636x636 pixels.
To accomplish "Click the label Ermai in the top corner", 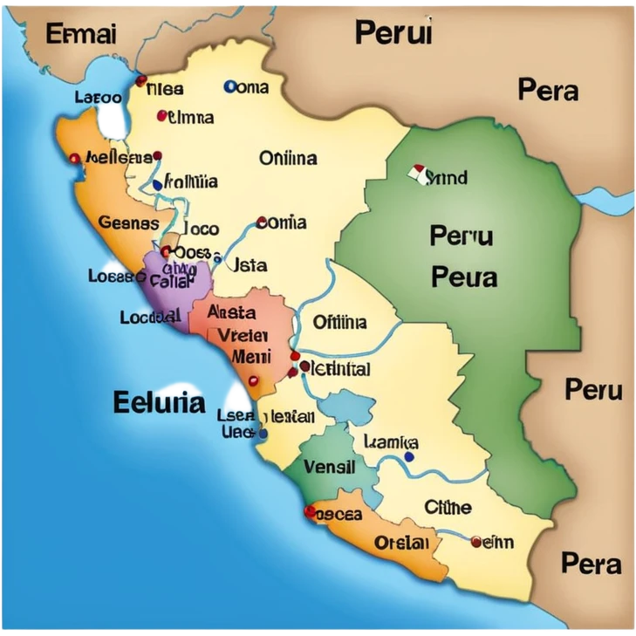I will [80, 34].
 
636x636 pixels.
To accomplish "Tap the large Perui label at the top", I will [393, 33].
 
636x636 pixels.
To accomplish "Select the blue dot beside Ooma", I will [230, 86].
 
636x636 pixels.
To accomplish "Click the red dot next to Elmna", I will [162, 115].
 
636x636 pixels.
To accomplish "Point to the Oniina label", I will [288, 158].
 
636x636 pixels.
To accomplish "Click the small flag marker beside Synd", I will [417, 173].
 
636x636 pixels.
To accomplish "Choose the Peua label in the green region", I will [463, 277].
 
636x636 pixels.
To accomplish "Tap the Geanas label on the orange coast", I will [128, 222].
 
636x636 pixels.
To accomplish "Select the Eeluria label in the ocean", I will [159, 402].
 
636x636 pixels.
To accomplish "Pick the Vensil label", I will [329, 467].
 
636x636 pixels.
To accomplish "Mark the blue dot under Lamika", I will [409, 456].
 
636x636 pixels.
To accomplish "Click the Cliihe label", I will [448, 507].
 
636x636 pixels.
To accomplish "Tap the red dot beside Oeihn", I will [475, 542].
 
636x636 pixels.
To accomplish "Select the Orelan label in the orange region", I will [401, 542].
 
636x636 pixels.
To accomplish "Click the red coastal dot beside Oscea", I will [309, 510].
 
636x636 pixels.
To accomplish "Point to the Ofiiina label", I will [339, 322].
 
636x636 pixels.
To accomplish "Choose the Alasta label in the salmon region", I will [232, 312].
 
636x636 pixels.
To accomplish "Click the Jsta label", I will [251, 264].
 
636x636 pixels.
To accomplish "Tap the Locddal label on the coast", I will [149, 318].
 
